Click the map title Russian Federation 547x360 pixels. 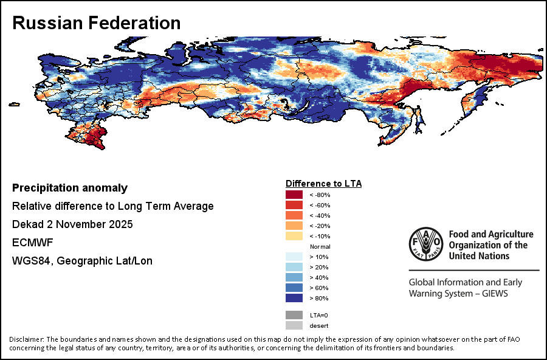[x=96, y=23]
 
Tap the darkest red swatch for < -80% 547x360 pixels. [x=294, y=195]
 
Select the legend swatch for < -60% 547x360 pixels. [x=294, y=205]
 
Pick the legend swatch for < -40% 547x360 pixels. [x=294, y=215]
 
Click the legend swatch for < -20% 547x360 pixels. [x=294, y=226]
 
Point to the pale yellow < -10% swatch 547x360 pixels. [x=294, y=236]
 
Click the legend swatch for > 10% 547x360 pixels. [x=294, y=257]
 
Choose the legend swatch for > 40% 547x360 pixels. [x=294, y=277]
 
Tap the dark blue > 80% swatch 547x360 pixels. [x=294, y=298]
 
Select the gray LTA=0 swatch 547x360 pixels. [x=294, y=315]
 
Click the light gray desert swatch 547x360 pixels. [x=294, y=325]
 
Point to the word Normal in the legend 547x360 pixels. [x=320, y=246]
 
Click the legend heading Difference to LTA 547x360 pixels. [x=323, y=183]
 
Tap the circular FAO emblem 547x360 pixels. [x=425, y=245]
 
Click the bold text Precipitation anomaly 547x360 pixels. [x=70, y=188]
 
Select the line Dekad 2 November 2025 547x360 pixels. [x=72, y=224]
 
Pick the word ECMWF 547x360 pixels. [x=32, y=243]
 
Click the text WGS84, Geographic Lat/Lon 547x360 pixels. [x=82, y=261]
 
